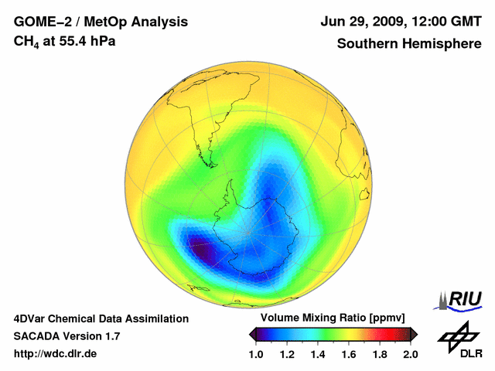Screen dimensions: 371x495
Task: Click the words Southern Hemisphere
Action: (409, 43)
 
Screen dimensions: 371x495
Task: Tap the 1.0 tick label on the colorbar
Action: (256, 355)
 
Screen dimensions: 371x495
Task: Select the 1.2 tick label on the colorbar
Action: (287, 355)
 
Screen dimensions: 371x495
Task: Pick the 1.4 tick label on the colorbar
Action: (318, 355)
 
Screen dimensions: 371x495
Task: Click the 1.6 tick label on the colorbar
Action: (349, 355)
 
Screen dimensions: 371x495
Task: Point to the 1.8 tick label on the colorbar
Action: (380, 355)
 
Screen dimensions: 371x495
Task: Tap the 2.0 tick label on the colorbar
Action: (410, 355)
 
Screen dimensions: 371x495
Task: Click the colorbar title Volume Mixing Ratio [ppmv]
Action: (329, 318)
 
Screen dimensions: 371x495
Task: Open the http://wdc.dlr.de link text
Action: (56, 354)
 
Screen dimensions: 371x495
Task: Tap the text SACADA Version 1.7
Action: (67, 336)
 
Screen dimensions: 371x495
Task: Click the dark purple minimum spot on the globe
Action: (203, 252)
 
